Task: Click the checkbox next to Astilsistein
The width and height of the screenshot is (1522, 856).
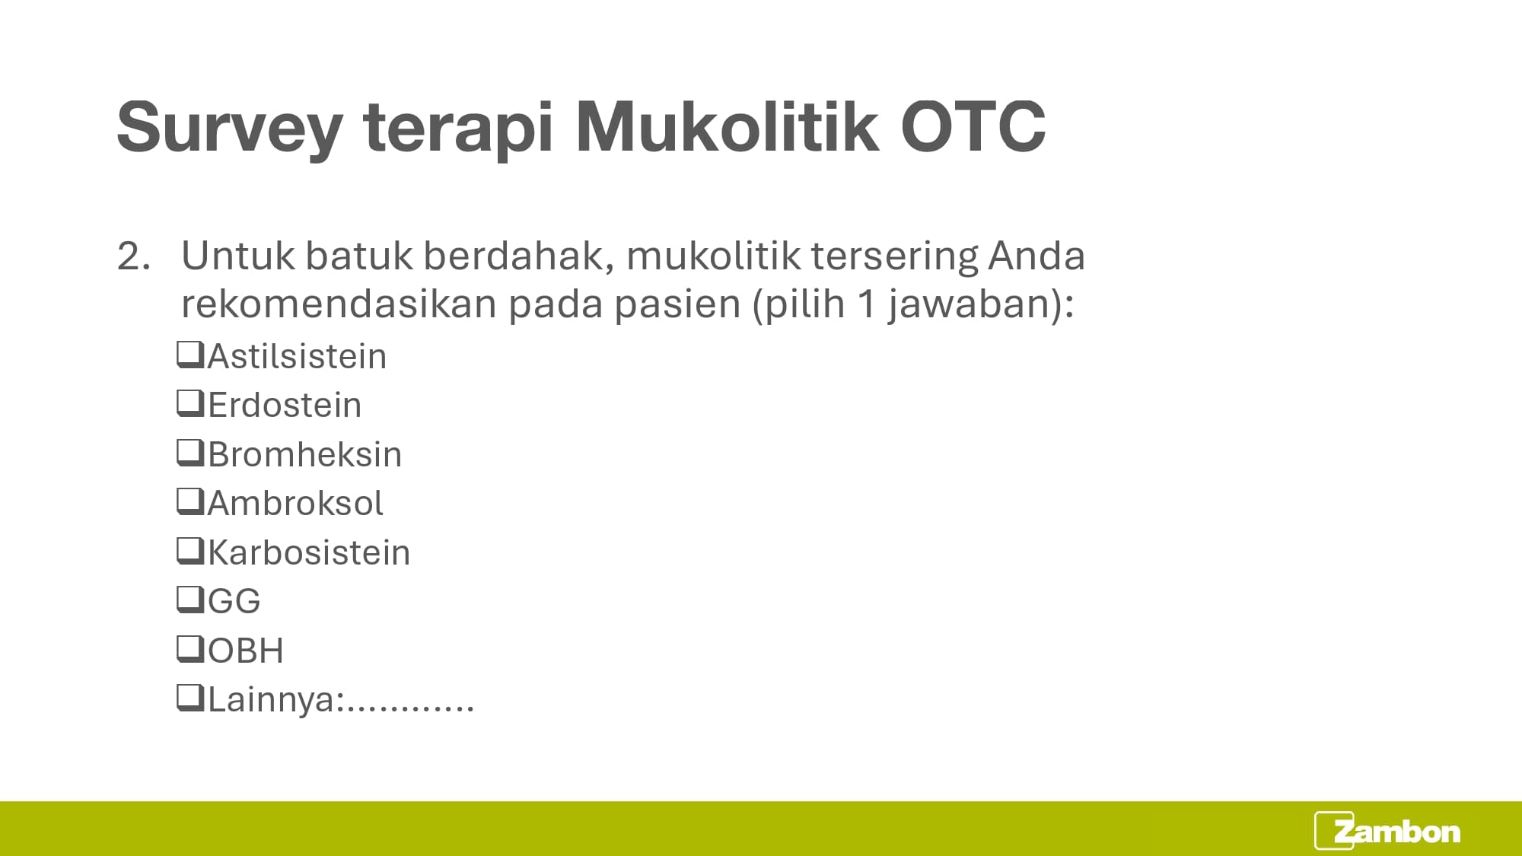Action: (x=190, y=355)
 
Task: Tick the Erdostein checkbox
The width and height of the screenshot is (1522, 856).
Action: (x=190, y=403)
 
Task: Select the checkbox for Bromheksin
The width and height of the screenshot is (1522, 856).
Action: (x=190, y=453)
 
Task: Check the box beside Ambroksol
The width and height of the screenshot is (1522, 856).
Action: (x=190, y=501)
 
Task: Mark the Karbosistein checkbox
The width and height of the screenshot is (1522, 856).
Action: (x=190, y=551)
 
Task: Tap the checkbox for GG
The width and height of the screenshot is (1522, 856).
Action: (x=190, y=600)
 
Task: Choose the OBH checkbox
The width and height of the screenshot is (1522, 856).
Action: (x=190, y=649)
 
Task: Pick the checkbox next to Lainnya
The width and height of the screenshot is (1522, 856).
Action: (x=190, y=698)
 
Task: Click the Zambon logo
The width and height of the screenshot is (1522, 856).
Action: (x=1387, y=831)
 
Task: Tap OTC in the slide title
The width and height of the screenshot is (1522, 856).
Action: (x=973, y=126)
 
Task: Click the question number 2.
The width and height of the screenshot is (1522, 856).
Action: (x=133, y=256)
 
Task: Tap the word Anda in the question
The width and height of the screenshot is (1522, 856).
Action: (x=1036, y=256)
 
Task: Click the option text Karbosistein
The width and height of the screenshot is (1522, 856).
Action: (x=309, y=552)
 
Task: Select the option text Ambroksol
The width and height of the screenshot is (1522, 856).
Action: (x=295, y=503)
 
